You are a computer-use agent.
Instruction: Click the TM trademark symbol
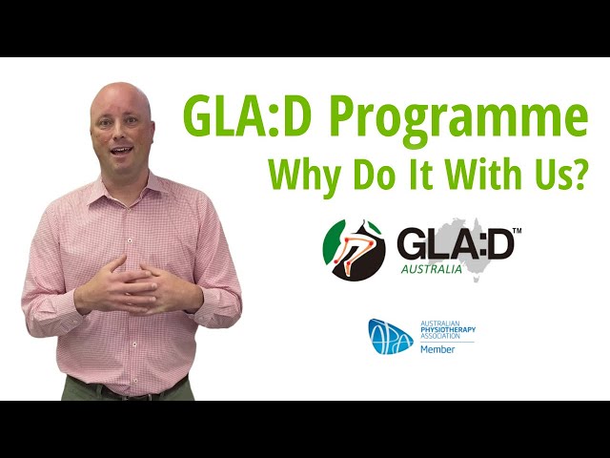tap(518, 231)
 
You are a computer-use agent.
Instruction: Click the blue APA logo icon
tap(391, 335)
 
